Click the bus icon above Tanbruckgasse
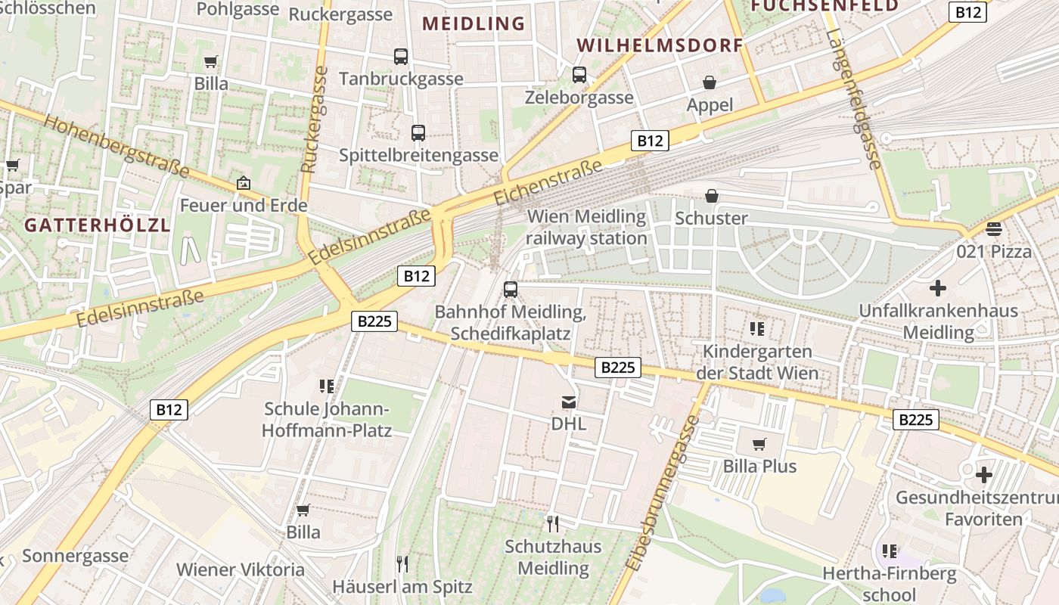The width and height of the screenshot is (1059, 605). tap(401, 56)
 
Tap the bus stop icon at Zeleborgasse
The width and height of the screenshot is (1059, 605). tap(579, 74)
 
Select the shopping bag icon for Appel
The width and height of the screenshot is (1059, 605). tap(710, 82)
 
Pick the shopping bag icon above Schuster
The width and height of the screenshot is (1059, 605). tap(711, 196)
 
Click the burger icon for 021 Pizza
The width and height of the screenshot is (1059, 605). tap(994, 228)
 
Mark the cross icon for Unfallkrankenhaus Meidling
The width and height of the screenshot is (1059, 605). tap(938, 288)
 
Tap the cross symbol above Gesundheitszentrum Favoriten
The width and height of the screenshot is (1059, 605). tap(983, 475)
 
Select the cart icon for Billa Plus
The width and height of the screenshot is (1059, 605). tap(759, 444)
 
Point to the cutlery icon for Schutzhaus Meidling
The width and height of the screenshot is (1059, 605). tap(553, 523)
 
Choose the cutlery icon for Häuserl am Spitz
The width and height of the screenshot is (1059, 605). tap(402, 563)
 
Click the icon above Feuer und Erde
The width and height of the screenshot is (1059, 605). tap(243, 183)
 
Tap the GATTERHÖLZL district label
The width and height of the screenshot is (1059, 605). tap(98, 225)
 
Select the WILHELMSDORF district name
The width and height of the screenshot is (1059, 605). tap(660, 45)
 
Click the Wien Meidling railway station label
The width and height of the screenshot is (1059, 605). tap(587, 227)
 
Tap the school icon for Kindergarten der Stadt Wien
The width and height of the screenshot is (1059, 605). tap(756, 329)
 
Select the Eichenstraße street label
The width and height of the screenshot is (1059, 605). tap(548, 182)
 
